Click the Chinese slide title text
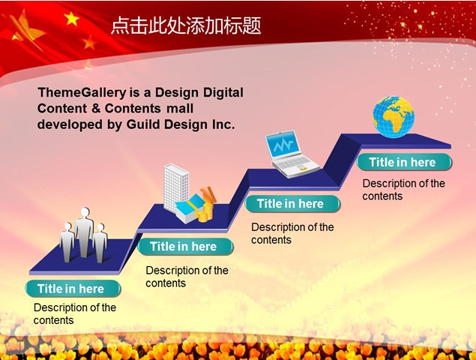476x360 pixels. coord(186,25)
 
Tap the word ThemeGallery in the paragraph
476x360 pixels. coord(82,93)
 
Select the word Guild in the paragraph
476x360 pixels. coord(143,124)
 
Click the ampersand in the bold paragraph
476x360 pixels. coord(96,109)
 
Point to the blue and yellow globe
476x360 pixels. coord(394,117)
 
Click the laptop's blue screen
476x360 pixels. coord(283,145)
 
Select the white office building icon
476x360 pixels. coord(176,188)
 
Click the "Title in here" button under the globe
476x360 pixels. coord(404,162)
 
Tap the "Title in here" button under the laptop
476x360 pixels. coord(292,203)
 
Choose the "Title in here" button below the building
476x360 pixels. coord(185,247)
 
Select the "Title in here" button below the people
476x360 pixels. coord(73,289)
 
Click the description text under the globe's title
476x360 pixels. coord(403,190)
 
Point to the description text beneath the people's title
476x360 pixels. coord(75,313)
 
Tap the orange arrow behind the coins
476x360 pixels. coord(209,194)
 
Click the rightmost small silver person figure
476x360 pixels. coord(100,243)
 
